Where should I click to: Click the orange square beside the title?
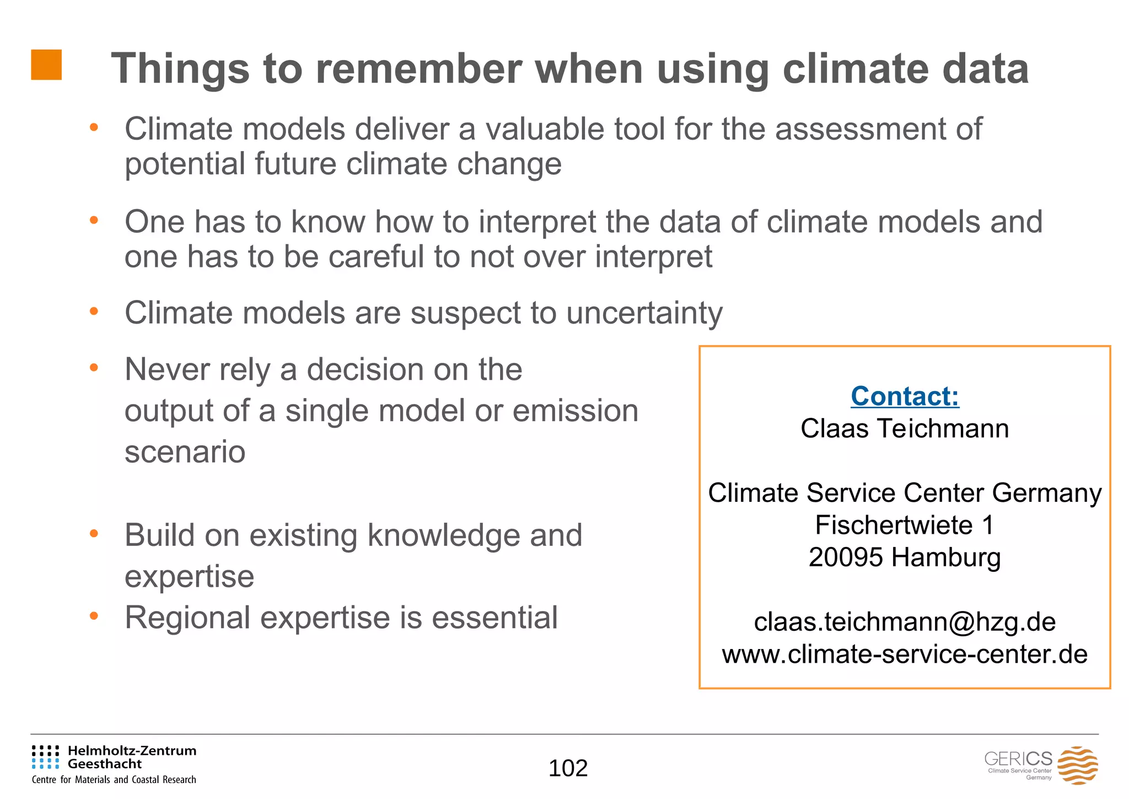46,65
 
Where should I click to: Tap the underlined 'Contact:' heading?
905,396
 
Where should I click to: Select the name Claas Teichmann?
905,428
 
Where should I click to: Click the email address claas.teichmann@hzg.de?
905,622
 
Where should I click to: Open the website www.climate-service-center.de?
905,655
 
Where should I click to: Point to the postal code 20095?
846,557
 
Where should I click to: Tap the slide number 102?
568,768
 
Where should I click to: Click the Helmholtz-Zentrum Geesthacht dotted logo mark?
45,757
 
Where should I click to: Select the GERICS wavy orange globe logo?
1077,765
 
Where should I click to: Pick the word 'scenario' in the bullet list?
185,452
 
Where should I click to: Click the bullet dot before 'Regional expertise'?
94,616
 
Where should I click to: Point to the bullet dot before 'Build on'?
94,534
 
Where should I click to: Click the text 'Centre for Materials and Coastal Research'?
114,780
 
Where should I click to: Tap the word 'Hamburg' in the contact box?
946,557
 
